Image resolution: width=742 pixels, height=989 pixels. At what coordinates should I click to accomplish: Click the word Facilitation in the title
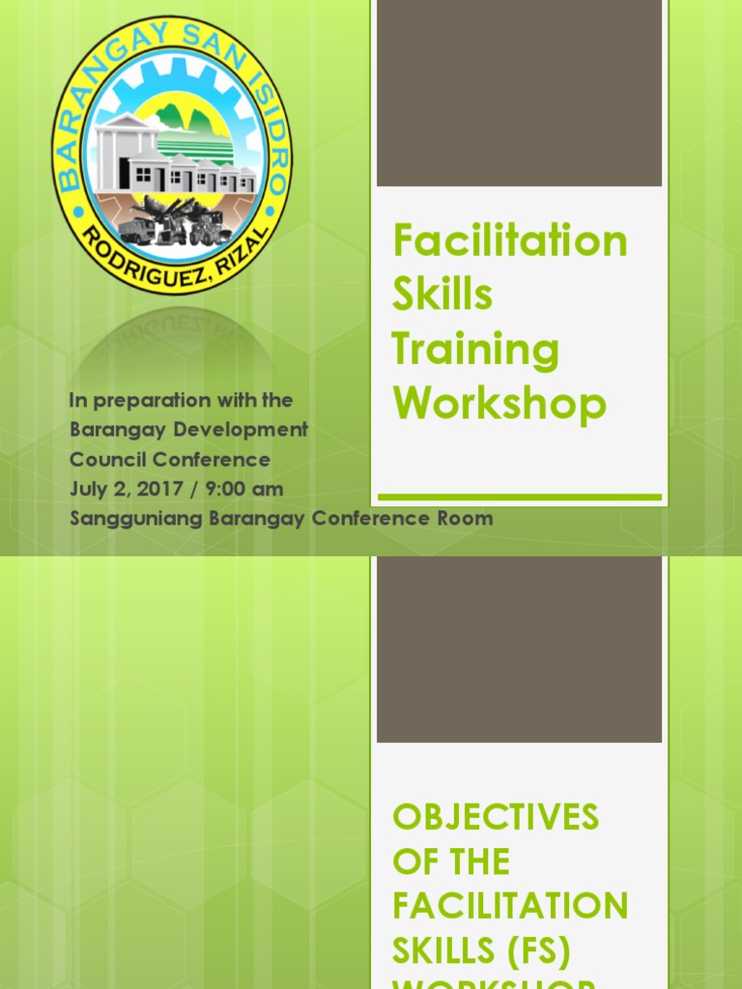coord(510,240)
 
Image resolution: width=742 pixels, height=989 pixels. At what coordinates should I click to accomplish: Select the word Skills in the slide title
coord(442,295)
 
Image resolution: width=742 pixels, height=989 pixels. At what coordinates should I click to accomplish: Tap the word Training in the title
coord(475,350)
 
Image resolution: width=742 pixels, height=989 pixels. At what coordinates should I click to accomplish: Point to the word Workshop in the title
coord(499,404)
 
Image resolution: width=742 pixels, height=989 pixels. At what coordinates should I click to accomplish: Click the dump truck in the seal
coord(136,231)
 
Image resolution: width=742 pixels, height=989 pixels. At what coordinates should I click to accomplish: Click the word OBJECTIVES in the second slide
coord(496,817)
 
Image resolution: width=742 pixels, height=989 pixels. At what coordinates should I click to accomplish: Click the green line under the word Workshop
coord(520,497)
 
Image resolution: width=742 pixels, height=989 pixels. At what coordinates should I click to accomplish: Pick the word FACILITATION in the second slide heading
coord(510,906)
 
